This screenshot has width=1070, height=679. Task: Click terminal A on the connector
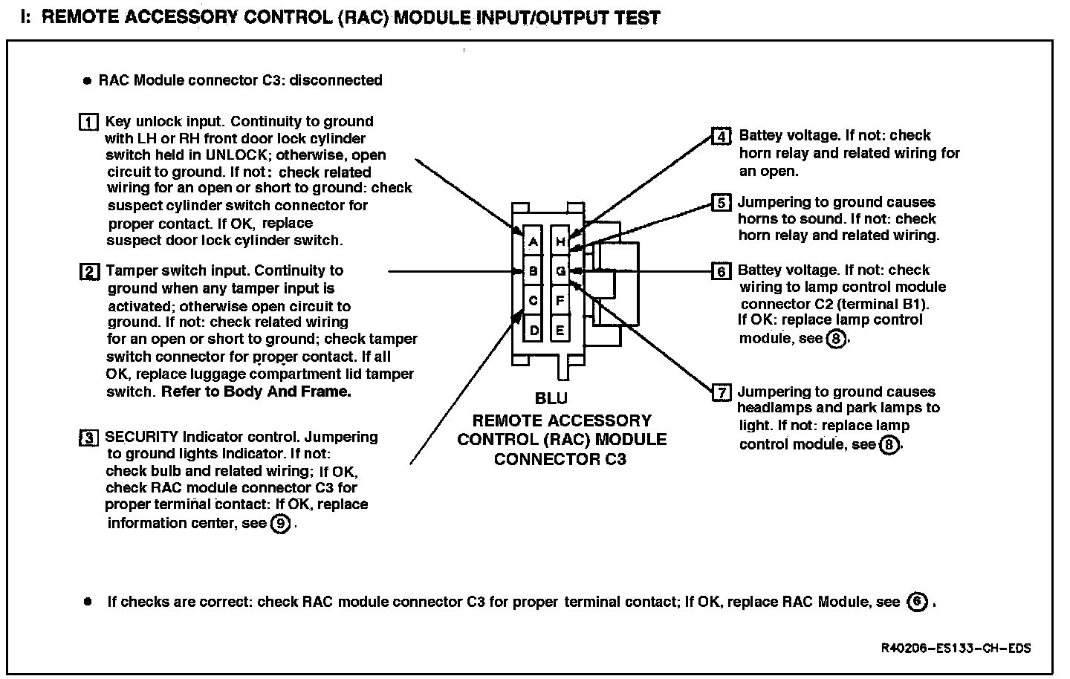[x=533, y=241]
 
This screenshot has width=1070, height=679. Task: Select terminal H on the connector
[x=561, y=241]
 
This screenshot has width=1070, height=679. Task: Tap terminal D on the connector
[x=533, y=330]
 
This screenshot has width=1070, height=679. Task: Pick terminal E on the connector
[x=561, y=330]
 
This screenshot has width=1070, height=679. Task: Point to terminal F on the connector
[x=561, y=301]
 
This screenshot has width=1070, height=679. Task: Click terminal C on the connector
[x=533, y=301]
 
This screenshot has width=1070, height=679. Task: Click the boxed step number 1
[x=88, y=122]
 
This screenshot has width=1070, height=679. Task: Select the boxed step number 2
[x=88, y=271]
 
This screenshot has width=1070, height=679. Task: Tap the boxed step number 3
[x=88, y=438]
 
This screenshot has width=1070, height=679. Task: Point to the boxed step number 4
[x=721, y=136]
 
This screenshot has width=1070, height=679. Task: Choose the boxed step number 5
[x=721, y=202]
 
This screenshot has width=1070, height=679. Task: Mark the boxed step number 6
[x=721, y=271]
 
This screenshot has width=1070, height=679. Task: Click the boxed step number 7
[x=721, y=392]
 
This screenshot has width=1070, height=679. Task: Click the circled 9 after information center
[x=280, y=524]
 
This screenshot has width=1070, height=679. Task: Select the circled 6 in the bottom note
[x=918, y=602]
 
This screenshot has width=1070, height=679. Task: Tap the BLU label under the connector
[x=551, y=399]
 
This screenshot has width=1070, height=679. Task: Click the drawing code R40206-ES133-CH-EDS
[x=956, y=649]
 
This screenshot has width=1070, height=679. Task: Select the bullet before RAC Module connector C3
[x=87, y=80]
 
